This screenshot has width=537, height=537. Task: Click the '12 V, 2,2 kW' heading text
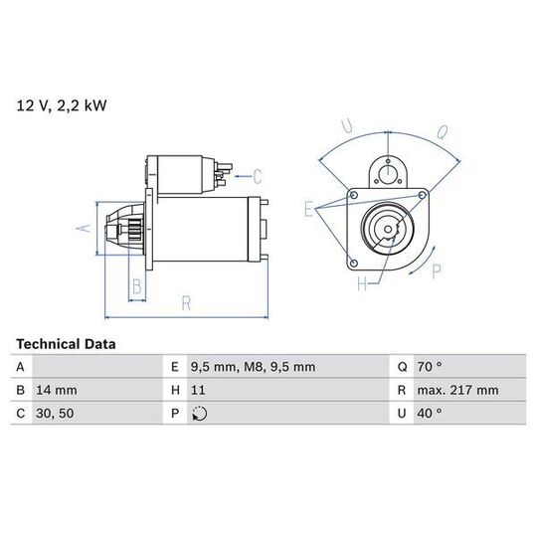point(62,105)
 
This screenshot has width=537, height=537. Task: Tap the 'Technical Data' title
point(66,344)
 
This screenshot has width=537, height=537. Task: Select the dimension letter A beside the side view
point(84,228)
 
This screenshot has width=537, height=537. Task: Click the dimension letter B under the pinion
point(136,286)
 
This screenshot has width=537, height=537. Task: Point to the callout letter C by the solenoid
point(258,176)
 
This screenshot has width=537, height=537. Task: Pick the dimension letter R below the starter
point(186,303)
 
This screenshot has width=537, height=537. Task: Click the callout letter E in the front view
point(308,209)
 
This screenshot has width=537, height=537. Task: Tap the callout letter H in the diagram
point(362,283)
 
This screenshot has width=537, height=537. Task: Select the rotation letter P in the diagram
point(437,271)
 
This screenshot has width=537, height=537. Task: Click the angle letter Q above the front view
point(443,132)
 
